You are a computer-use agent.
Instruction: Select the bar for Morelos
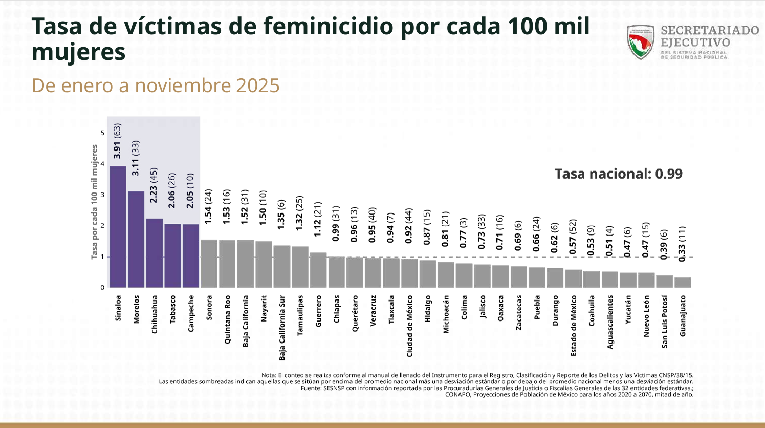(x=136, y=239)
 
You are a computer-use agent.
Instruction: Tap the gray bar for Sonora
(x=209, y=263)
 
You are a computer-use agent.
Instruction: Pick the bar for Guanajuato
(x=683, y=282)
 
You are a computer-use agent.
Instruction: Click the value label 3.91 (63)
(x=117, y=141)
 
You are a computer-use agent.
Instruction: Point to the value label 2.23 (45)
(x=154, y=185)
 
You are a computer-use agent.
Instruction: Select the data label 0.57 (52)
(x=573, y=237)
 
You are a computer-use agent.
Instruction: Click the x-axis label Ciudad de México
(x=409, y=326)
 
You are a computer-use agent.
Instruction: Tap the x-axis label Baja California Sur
(x=282, y=328)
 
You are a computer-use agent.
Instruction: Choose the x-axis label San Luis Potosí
(x=664, y=322)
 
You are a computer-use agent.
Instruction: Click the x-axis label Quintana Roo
(x=227, y=319)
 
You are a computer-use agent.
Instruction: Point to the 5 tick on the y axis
(x=102, y=133)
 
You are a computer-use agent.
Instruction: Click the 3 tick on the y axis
(x=102, y=195)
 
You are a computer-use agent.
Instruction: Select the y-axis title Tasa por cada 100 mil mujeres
(x=94, y=202)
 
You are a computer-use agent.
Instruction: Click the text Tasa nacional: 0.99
(x=618, y=174)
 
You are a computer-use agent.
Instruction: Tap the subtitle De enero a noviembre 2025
(x=156, y=85)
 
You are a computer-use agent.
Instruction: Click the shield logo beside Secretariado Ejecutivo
(x=640, y=42)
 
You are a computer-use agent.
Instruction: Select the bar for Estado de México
(x=573, y=279)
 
